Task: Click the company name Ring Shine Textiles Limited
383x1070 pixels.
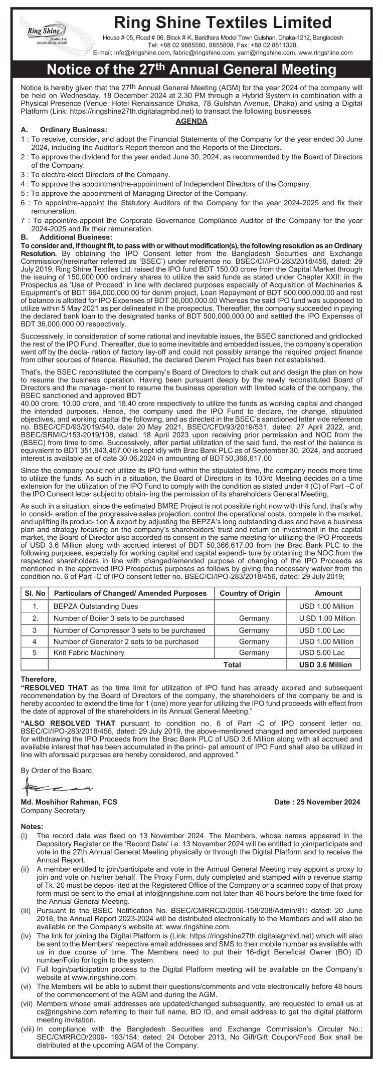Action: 223,23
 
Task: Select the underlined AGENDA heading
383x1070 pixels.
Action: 192,121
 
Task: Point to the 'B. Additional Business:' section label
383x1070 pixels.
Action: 67,237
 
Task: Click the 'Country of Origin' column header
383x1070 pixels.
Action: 250,593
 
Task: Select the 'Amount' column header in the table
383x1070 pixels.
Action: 328,593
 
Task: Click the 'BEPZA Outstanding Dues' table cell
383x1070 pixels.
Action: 89,606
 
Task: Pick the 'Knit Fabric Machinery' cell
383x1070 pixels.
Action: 89,652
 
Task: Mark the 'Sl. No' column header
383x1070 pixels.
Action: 35,593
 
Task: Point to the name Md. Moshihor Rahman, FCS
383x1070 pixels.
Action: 69,802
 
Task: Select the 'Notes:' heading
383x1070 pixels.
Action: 32,826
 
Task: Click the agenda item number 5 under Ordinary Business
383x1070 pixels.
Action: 23,193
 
